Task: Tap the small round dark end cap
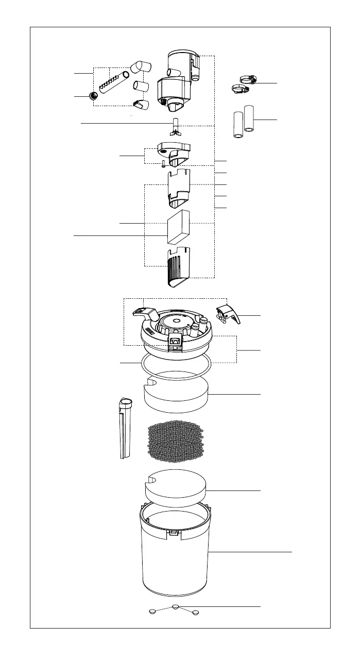tap(93, 96)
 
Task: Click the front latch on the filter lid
tap(175, 340)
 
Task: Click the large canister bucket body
tap(175, 562)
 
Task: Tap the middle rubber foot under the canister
tap(175, 607)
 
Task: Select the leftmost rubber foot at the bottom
tap(152, 612)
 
